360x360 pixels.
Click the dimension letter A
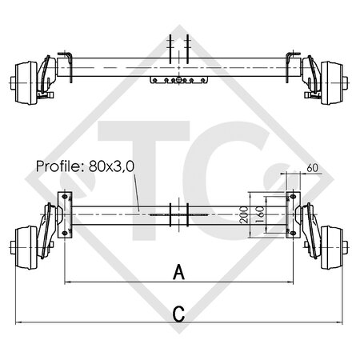[x=179, y=273]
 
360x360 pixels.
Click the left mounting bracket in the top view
[x=70, y=67]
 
